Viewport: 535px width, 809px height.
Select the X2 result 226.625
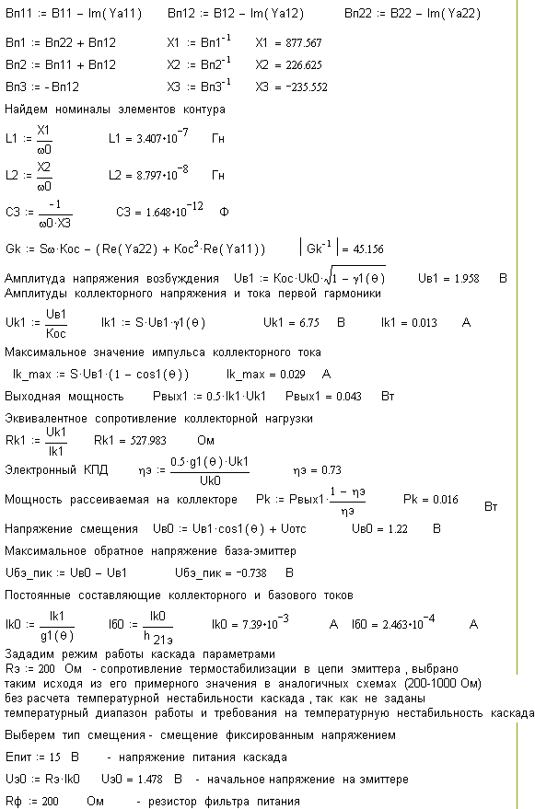point(304,65)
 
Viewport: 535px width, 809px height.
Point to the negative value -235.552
point(307,87)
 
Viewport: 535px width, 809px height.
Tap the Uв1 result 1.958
point(465,279)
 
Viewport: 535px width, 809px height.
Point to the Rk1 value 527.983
point(148,441)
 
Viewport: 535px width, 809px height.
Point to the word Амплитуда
point(35,279)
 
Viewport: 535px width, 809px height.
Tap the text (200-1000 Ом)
point(443,684)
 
